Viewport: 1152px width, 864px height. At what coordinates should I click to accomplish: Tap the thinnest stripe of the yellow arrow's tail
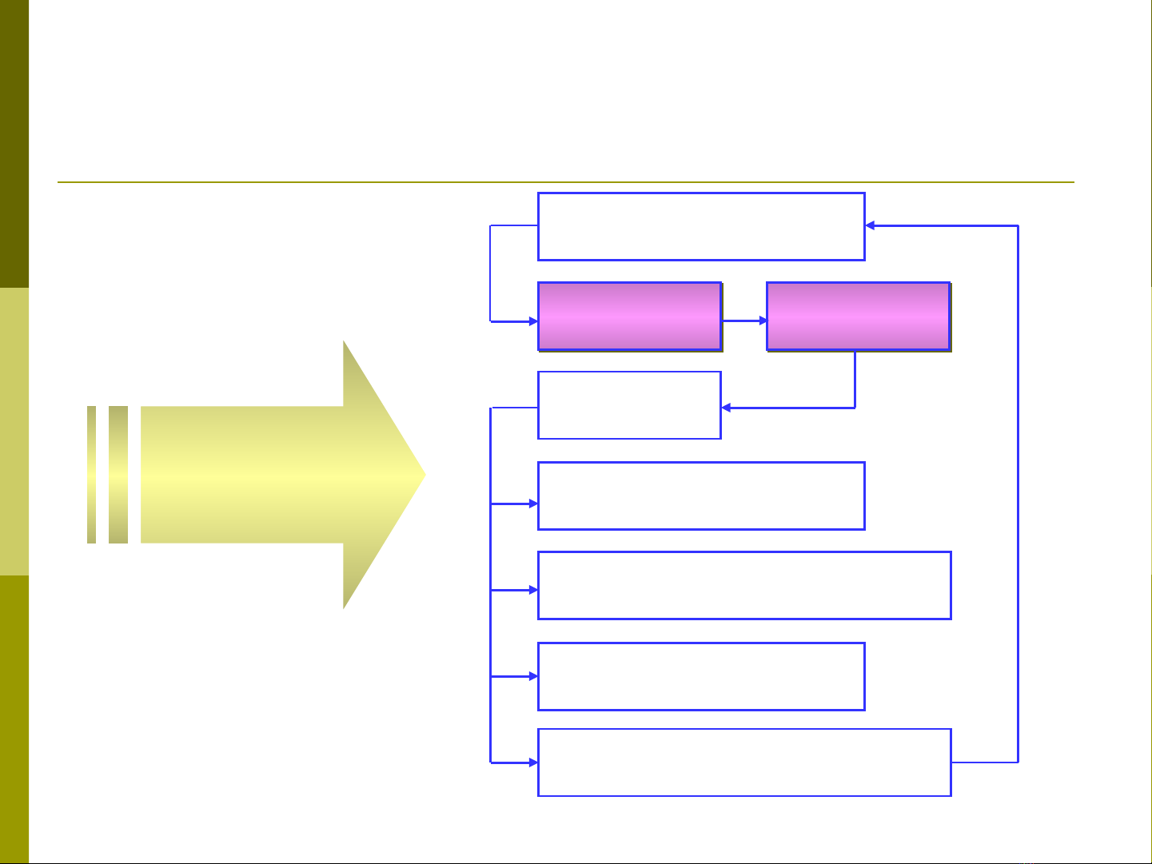pyautogui.click(x=91, y=475)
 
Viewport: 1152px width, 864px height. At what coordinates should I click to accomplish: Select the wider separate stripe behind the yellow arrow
pyautogui.click(x=118, y=475)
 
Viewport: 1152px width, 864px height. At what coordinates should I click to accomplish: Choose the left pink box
pyautogui.click(x=629, y=317)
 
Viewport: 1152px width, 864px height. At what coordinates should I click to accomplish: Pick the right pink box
pyautogui.click(x=858, y=317)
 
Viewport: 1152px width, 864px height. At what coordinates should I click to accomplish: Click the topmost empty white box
pyautogui.click(x=701, y=226)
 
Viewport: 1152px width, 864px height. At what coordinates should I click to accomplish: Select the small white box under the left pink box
pyautogui.click(x=629, y=405)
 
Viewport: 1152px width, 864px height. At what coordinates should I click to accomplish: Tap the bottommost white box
pyautogui.click(x=744, y=762)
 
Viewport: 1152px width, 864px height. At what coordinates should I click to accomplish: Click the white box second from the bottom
pyautogui.click(x=701, y=676)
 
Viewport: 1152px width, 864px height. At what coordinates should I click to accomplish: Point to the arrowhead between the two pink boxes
pyautogui.click(x=763, y=321)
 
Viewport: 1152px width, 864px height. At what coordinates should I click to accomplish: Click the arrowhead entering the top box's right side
pyautogui.click(x=871, y=226)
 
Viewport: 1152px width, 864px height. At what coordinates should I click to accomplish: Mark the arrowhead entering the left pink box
pyautogui.click(x=534, y=321)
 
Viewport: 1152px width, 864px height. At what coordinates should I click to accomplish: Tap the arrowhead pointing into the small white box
pyautogui.click(x=726, y=408)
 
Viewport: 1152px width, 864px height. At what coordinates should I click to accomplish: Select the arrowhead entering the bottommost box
pyautogui.click(x=534, y=762)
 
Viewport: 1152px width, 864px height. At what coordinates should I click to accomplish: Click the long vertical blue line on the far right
pyautogui.click(x=1018, y=496)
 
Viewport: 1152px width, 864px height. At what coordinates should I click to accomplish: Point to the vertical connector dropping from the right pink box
pyautogui.click(x=855, y=380)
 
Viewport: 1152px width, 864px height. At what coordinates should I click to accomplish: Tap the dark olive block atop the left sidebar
pyautogui.click(x=14, y=144)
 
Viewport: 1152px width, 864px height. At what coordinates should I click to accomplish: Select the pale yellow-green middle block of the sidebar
pyautogui.click(x=14, y=432)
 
